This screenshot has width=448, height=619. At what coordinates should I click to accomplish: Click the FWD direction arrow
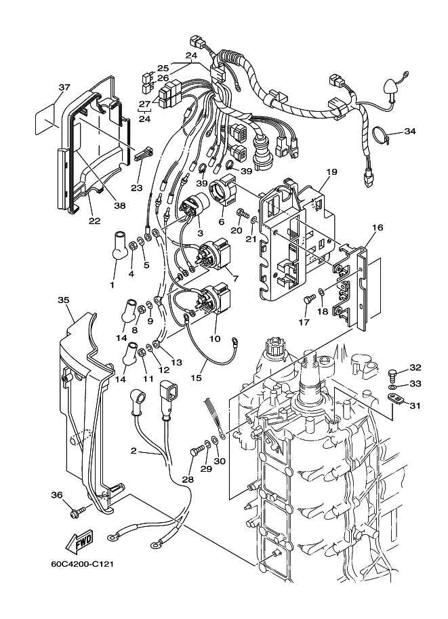pyautogui.click(x=79, y=542)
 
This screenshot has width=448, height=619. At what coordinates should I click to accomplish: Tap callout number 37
pyautogui.click(x=64, y=87)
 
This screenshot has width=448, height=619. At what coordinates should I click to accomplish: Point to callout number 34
pyautogui.click(x=410, y=131)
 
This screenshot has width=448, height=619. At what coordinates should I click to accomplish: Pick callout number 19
pyautogui.click(x=331, y=172)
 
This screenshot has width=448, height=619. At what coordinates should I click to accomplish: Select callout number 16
pyautogui.click(x=378, y=227)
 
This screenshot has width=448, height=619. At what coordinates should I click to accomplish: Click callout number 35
pyautogui.click(x=64, y=300)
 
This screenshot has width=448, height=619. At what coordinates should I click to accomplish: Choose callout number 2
pyautogui.click(x=134, y=450)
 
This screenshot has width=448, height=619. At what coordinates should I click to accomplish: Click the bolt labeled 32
pyautogui.click(x=392, y=373)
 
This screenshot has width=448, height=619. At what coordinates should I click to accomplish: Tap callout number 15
pyautogui.click(x=196, y=378)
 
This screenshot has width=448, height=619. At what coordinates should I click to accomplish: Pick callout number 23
pyautogui.click(x=137, y=188)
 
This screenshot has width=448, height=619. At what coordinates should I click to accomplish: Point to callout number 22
pyautogui.click(x=94, y=220)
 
